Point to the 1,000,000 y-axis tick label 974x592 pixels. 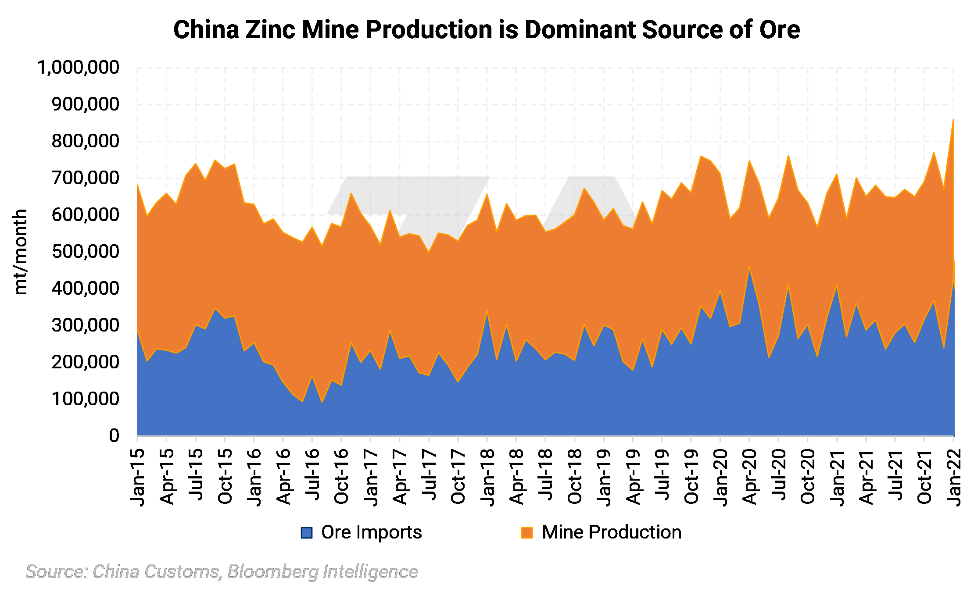(78, 68)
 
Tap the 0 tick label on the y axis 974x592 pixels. (114, 435)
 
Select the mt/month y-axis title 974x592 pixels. (20, 252)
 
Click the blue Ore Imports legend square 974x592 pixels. (306, 532)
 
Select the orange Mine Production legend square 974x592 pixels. (526, 532)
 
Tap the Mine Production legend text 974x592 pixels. (612, 532)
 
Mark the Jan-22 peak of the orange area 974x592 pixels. (953, 120)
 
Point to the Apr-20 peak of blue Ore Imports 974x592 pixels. (749, 267)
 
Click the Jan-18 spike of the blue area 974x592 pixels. (487, 312)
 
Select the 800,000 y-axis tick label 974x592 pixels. (85, 141)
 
